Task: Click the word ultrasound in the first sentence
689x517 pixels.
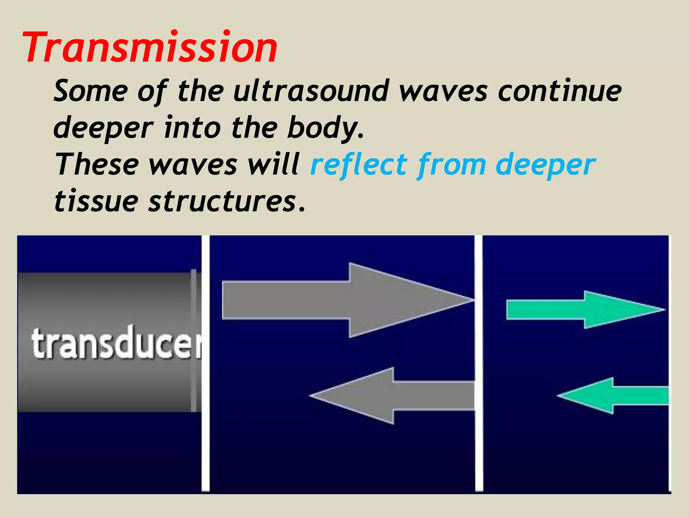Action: pyautogui.click(x=311, y=91)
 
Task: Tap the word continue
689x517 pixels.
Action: pyautogui.click(x=559, y=91)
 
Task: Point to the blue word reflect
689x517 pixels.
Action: pyautogui.click(x=358, y=165)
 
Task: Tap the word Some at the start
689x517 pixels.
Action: pyautogui.click(x=91, y=91)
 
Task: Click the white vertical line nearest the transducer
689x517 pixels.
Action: pyautogui.click(x=206, y=364)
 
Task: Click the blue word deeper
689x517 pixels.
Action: pyautogui.click(x=545, y=165)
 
